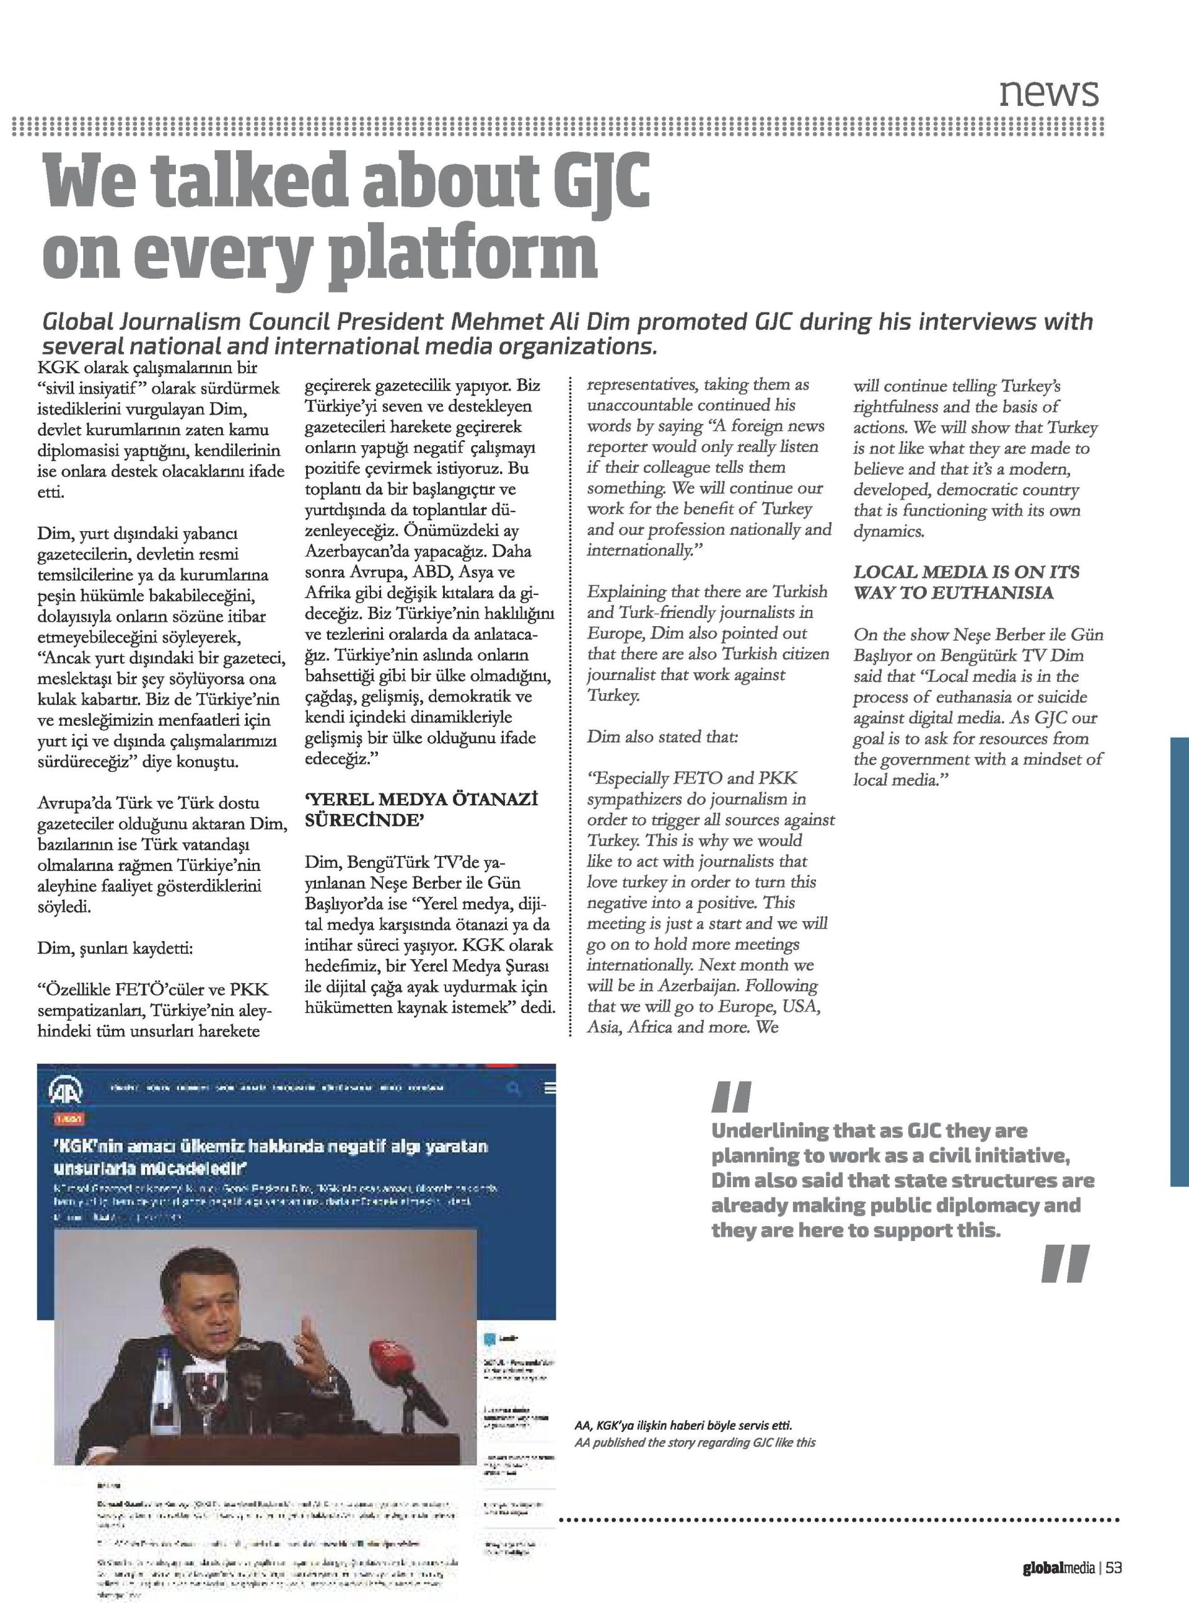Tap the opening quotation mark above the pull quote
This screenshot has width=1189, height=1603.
click(x=730, y=1098)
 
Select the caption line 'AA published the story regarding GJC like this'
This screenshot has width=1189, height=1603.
click(x=695, y=1443)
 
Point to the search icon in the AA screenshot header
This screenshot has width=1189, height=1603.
click(x=514, y=1090)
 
